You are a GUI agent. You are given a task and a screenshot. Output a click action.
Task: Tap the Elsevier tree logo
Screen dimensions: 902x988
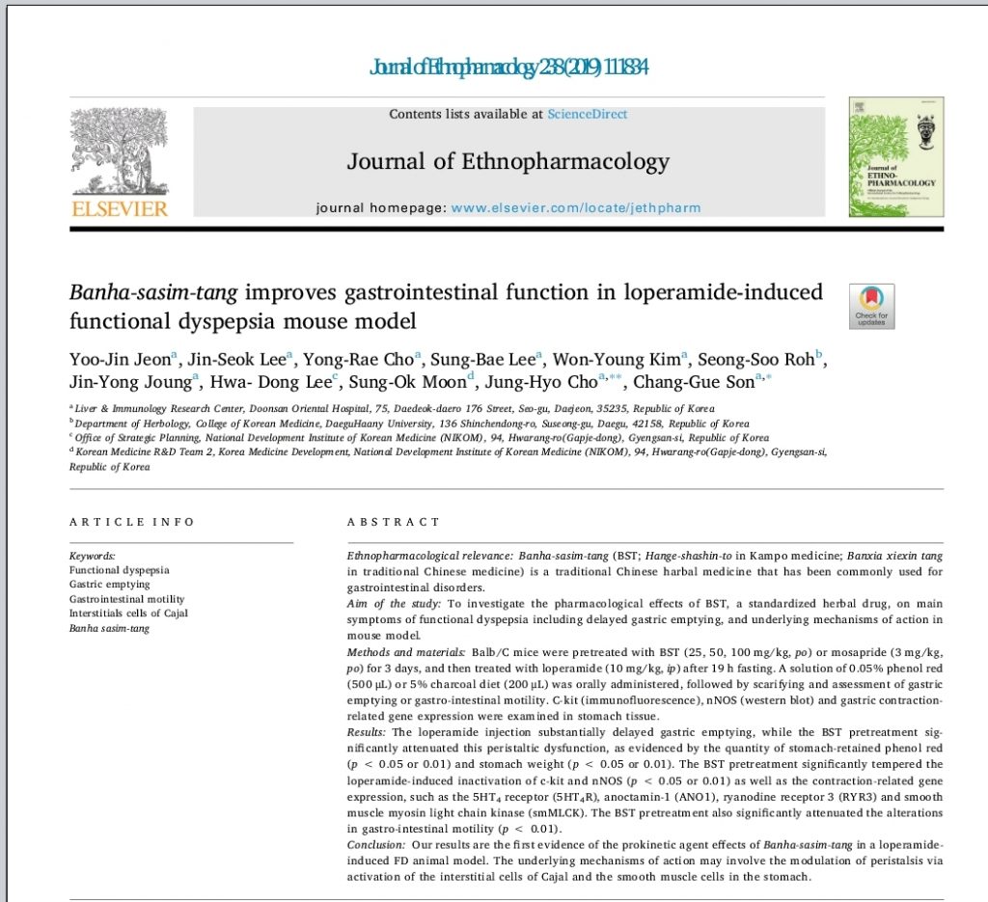click(119, 150)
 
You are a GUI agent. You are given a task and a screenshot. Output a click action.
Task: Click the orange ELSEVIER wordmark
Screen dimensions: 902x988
click(119, 209)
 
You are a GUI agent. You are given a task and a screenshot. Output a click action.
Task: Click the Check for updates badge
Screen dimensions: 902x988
click(871, 306)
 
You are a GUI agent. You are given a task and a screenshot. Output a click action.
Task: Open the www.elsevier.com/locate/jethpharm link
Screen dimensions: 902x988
click(576, 207)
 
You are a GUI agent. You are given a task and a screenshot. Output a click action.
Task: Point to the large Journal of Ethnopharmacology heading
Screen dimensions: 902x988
click(508, 161)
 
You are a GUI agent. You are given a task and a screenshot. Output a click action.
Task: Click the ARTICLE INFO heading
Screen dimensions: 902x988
click(132, 522)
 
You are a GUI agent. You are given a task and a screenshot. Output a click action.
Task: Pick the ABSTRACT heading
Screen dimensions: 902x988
click(393, 522)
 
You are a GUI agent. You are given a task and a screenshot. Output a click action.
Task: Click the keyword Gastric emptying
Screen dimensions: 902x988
click(110, 585)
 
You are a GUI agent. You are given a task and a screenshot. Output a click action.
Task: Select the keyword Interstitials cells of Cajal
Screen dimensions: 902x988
click(128, 614)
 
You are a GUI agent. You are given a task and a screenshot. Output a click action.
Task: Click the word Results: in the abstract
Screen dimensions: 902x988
click(367, 733)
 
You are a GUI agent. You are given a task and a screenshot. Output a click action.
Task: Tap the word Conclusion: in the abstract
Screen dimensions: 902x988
click(375, 845)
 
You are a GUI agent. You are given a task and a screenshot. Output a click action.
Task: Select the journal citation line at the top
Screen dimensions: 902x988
click(508, 67)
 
